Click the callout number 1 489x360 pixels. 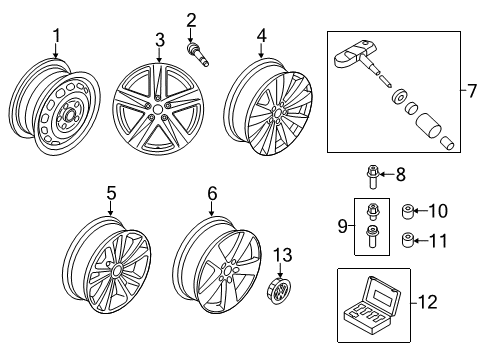(57, 36)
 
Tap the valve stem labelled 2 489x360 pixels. (198, 55)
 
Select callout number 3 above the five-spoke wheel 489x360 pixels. (160, 40)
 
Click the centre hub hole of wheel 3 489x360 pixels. (157, 109)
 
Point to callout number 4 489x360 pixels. (262, 36)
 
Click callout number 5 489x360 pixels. (111, 193)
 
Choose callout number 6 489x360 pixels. (212, 193)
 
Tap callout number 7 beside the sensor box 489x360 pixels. (472, 91)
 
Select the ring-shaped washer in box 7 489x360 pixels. (399, 97)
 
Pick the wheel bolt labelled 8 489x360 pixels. (371, 177)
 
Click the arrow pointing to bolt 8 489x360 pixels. (386, 174)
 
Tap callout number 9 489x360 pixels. (342, 227)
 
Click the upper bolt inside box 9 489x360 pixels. (372, 212)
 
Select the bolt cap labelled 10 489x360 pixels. (407, 212)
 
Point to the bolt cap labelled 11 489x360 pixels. (407, 240)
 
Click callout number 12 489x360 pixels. (428, 302)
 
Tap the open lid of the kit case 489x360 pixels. (382, 296)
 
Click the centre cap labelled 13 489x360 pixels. (280, 290)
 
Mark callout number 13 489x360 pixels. (283, 255)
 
